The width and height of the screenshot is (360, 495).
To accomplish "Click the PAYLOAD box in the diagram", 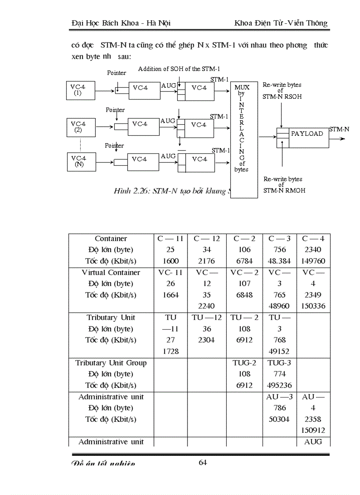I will [307, 134].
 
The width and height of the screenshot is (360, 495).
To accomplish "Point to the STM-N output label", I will [339, 129].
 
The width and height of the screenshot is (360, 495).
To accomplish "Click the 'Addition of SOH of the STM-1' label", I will [179, 69].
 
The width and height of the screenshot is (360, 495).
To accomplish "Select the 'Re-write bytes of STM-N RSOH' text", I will [282, 90].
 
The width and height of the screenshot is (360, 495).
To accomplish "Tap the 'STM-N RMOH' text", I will [284, 190].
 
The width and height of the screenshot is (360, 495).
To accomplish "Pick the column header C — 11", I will [170, 239].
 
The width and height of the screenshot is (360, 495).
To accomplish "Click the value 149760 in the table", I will [313, 261].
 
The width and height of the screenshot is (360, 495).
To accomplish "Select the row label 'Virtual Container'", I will [111, 272].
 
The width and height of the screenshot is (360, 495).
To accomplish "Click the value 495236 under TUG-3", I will [279, 385].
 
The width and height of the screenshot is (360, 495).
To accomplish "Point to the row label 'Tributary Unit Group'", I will [111, 363].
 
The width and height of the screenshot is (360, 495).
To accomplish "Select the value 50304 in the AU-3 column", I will [279, 419].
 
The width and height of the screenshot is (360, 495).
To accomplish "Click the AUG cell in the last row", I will [313, 442].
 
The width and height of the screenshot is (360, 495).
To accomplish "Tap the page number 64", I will [203, 462].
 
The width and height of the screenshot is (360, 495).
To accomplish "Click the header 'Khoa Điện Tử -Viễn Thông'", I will [281, 23].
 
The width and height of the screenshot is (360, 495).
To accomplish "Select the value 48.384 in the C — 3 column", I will [279, 261].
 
